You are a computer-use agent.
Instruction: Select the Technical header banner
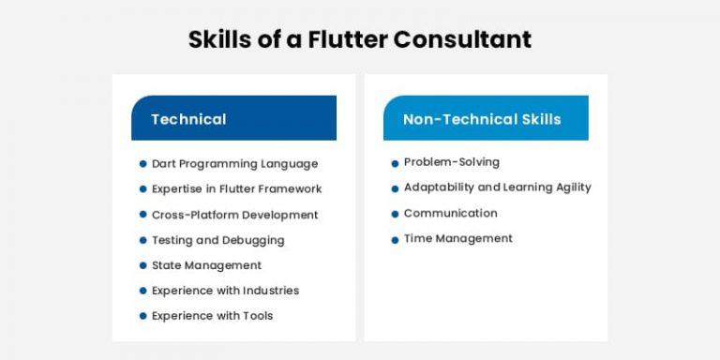[233, 119]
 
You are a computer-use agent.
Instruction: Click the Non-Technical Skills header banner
[486, 119]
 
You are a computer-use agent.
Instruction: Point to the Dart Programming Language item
[234, 163]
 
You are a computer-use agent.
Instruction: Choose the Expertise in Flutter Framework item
[236, 188]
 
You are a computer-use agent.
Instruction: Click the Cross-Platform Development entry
[234, 215]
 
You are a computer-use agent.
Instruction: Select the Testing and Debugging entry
[217, 240]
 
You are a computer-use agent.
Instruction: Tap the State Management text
[206, 265]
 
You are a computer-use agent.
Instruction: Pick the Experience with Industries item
[225, 291]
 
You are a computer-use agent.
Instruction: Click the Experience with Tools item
[212, 316]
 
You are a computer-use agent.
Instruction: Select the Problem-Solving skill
[451, 162]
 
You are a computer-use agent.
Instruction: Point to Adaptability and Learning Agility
[497, 187]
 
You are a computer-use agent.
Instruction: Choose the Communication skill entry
[450, 213]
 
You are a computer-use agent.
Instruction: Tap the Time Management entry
[457, 238]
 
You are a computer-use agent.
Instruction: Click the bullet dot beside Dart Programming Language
[142, 164]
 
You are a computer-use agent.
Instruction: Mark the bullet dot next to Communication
[395, 214]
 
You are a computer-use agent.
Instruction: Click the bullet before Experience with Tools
[142, 316]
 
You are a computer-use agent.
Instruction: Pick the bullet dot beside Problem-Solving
[395, 163]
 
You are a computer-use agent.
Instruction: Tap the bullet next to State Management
[142, 265]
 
